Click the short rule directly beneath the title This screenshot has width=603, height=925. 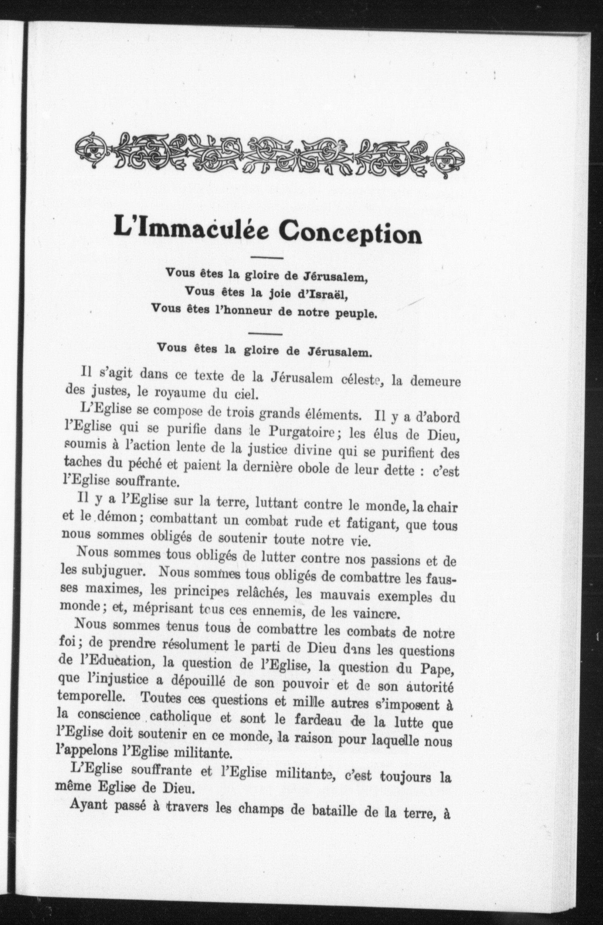coord(267,257)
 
